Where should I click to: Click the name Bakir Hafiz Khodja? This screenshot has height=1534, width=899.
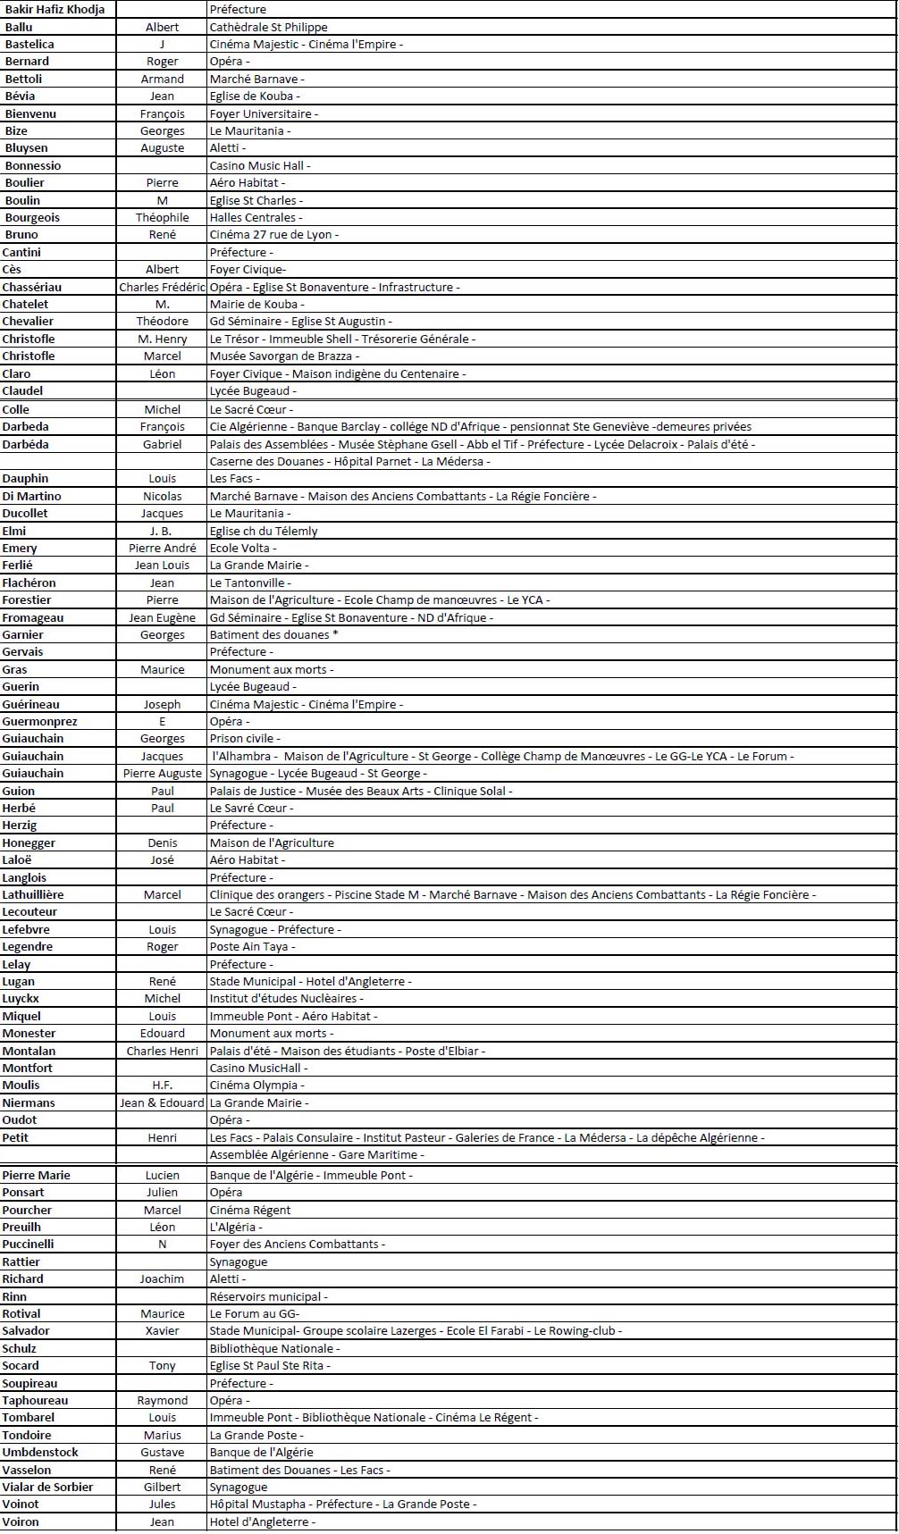tap(55, 10)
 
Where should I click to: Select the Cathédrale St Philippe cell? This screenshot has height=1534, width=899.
tap(268, 27)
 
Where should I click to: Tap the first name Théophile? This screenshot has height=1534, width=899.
tap(163, 217)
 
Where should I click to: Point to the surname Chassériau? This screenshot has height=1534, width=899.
tap(32, 287)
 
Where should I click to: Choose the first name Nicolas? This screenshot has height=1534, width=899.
tap(163, 496)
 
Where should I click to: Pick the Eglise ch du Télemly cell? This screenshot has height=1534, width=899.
tap(264, 531)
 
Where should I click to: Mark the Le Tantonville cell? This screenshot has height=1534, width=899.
tap(247, 583)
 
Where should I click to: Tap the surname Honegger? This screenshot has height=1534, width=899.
tap(29, 842)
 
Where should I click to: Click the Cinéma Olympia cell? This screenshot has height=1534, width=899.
tap(254, 1085)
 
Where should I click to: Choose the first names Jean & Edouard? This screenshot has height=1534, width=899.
tap(163, 1102)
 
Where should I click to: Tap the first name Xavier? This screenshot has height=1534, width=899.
tap(163, 1330)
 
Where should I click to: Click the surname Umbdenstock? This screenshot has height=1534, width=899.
tap(40, 1452)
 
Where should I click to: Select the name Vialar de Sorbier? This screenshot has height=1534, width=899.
tap(47, 1487)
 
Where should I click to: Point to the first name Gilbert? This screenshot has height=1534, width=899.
tap(163, 1487)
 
